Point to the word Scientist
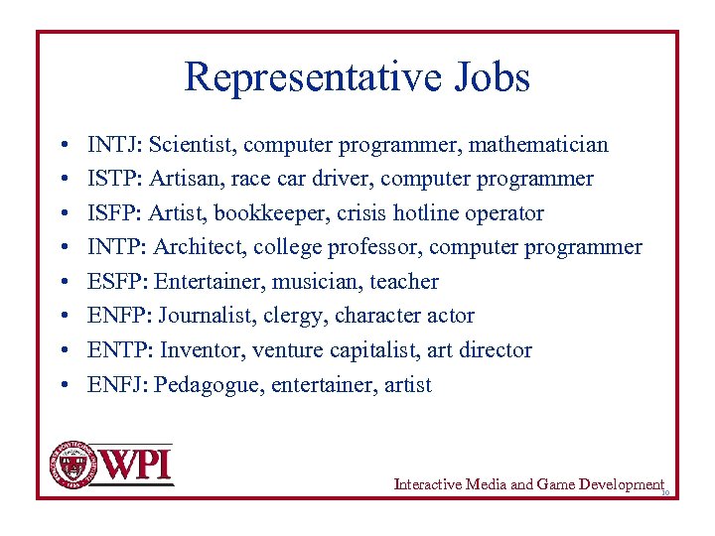192,145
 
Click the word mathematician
538,145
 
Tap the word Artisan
183,179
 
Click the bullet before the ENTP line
63,350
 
